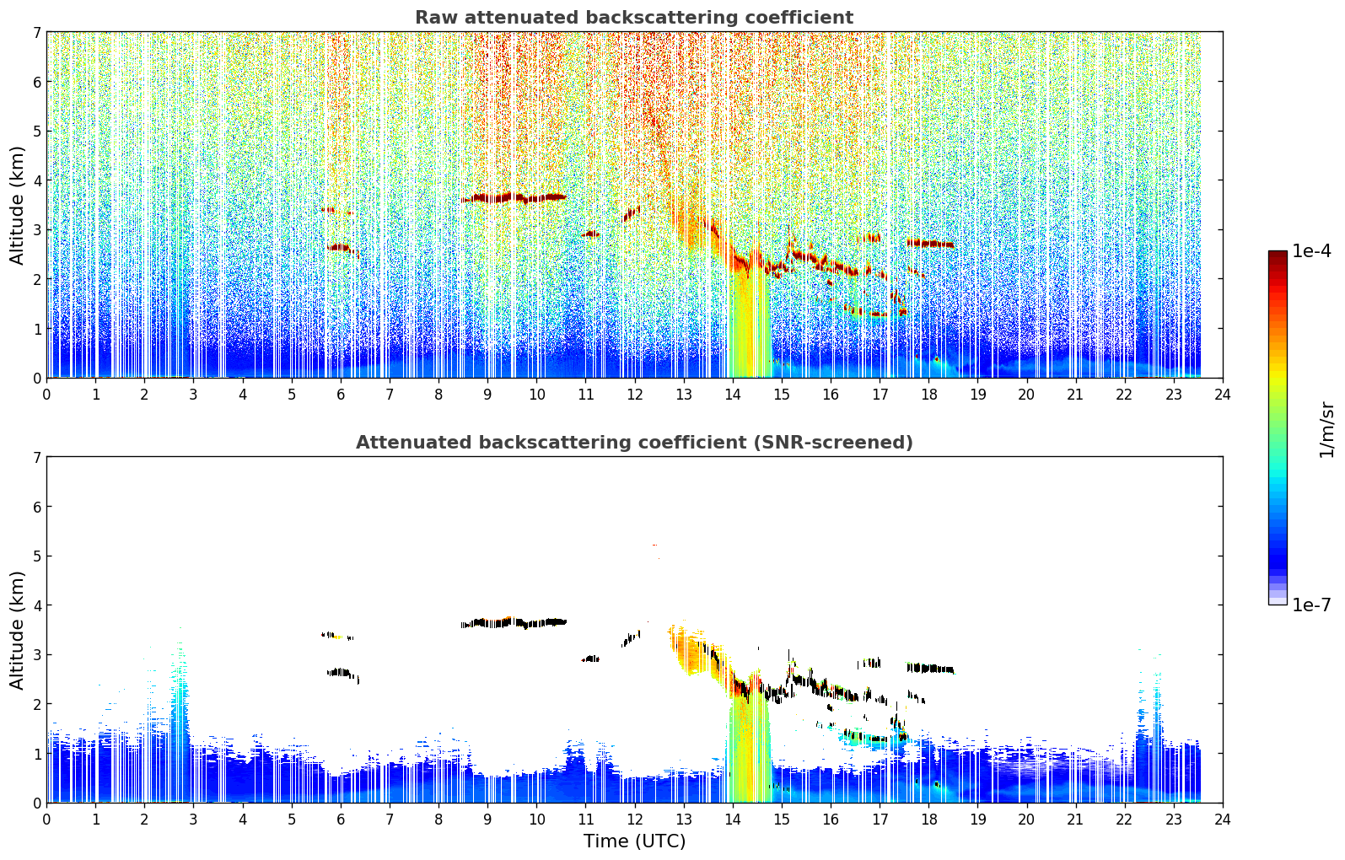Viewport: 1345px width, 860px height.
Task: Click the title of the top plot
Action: (634, 18)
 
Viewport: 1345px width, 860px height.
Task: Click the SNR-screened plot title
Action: (634, 443)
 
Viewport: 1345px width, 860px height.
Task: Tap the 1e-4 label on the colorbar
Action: (1312, 251)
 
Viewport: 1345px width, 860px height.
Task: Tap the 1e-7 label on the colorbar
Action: (1312, 605)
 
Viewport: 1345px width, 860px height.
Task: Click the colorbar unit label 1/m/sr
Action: (1326, 431)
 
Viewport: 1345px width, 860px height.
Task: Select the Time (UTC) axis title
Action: (634, 841)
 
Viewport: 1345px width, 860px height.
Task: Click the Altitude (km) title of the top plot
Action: (17, 206)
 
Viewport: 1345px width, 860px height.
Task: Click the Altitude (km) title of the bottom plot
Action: (17, 631)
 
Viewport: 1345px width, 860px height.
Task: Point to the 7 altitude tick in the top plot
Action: (36, 32)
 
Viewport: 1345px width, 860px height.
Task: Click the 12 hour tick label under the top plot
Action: (635, 395)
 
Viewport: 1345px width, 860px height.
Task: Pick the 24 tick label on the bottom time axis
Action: (1223, 820)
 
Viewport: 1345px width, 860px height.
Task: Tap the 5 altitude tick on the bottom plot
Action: (36, 556)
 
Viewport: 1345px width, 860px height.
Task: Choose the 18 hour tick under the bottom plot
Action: (929, 820)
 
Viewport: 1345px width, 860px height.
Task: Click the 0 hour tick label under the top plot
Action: (47, 395)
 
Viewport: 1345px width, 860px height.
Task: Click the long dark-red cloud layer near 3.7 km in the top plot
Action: (514, 197)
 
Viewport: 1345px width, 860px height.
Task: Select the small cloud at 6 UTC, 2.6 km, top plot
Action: (341, 247)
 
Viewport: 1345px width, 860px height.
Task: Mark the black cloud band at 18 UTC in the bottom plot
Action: (930, 669)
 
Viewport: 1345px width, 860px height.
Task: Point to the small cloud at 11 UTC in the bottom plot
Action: (591, 658)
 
